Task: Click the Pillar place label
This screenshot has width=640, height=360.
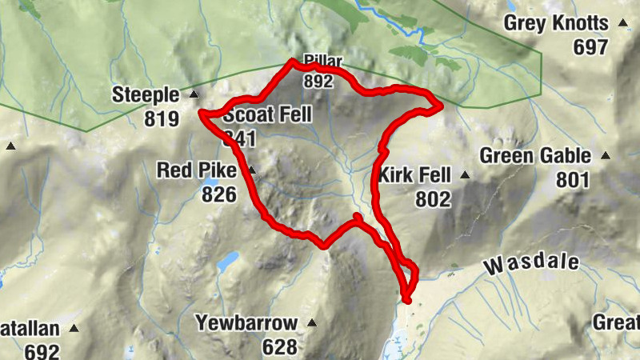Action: [x=323, y=62]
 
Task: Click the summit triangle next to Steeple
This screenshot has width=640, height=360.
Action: [x=193, y=95]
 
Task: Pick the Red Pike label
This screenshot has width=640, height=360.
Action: [x=196, y=170]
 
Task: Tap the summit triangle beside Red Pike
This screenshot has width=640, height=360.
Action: [x=251, y=170]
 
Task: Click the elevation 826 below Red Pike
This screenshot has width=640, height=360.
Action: [x=218, y=194]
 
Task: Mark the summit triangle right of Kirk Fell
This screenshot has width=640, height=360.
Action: [x=463, y=174]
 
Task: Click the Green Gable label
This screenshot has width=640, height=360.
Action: [x=535, y=156]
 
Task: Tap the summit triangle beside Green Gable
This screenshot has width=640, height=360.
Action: [x=605, y=156]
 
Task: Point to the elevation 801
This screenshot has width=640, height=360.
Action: [x=572, y=180]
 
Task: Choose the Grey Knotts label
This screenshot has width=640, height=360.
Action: [x=556, y=24]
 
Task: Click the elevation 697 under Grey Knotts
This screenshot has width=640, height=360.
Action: [x=590, y=48]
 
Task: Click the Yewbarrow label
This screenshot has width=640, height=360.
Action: [x=247, y=323]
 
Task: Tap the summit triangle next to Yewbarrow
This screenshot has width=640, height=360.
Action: [x=312, y=323]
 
